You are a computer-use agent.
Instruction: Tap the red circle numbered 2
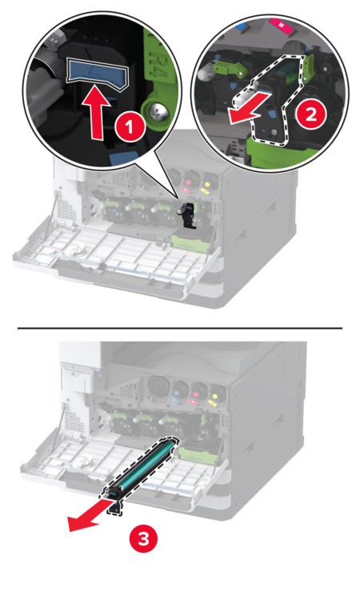click(310, 114)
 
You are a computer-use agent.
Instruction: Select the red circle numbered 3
click(144, 539)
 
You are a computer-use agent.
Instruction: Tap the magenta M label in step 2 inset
click(282, 25)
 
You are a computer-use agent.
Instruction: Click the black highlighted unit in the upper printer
click(189, 214)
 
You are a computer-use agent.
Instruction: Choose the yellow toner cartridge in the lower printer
click(218, 392)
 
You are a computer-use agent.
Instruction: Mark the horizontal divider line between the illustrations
click(180, 328)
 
